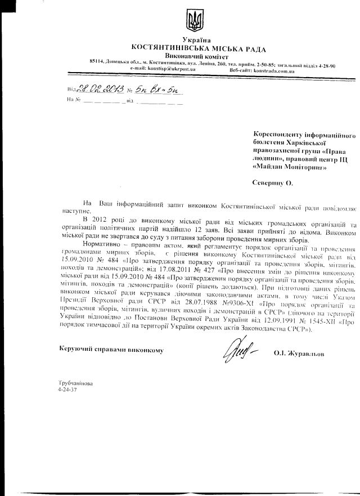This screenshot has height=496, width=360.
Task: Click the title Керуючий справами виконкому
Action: (111, 350)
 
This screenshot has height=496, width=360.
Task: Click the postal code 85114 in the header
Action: (98, 64)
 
